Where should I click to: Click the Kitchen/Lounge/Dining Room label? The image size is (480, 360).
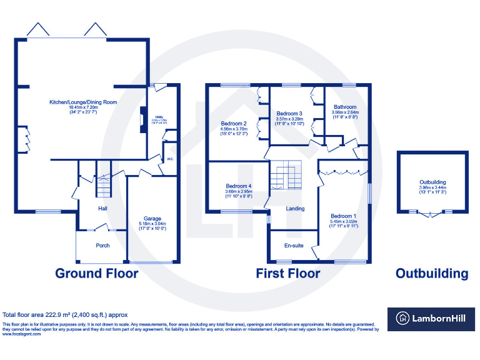pyautogui.click(x=84, y=102)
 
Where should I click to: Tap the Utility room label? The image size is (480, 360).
pyautogui.click(x=160, y=117)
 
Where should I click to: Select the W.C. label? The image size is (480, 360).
pyautogui.click(x=169, y=159)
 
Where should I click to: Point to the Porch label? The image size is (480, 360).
pyautogui.click(x=102, y=246)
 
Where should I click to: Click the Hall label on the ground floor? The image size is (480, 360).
pyautogui.click(x=102, y=208)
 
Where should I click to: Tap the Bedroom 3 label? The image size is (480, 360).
pyautogui.click(x=289, y=113)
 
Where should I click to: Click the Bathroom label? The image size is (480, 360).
pyautogui.click(x=345, y=107)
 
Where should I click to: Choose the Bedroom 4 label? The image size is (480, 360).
pyautogui.click(x=239, y=186)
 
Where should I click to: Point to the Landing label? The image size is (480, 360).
pyautogui.click(x=295, y=209)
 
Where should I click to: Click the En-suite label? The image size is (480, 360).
pyautogui.click(x=294, y=246)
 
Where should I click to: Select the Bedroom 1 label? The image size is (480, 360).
pyautogui.click(x=344, y=216)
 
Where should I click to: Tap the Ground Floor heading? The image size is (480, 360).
pyautogui.click(x=97, y=273)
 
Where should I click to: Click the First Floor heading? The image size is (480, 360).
pyautogui.click(x=288, y=273)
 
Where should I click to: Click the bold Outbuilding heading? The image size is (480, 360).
pyautogui.click(x=431, y=273)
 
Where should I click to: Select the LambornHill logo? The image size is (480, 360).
pyautogui.click(x=430, y=319)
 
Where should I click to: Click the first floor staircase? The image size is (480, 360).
pyautogui.click(x=285, y=176)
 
